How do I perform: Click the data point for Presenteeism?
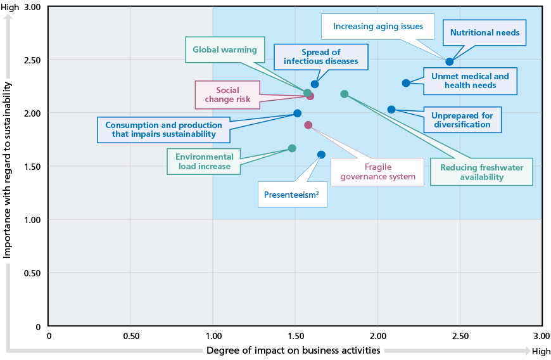click(321, 155)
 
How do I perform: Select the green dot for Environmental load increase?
click(292, 148)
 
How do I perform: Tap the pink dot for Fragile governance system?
click(308, 125)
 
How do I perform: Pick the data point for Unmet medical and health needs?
click(406, 83)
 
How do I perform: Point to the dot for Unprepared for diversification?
click(391, 110)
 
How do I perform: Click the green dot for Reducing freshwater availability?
click(345, 94)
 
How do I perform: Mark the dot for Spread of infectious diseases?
click(315, 84)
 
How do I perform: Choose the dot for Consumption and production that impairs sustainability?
click(297, 113)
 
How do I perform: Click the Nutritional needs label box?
click(484, 33)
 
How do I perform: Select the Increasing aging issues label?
click(377, 27)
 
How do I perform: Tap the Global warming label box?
click(225, 49)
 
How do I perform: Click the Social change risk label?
click(228, 95)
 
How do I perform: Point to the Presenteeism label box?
click(293, 195)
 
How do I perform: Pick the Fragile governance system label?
click(377, 172)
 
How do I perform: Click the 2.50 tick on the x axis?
click(460, 336)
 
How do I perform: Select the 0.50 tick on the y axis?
click(32, 273)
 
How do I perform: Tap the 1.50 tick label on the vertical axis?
click(32, 167)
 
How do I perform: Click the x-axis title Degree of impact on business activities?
click(293, 350)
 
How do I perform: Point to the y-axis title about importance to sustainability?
click(7, 170)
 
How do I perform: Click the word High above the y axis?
click(10, 8)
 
